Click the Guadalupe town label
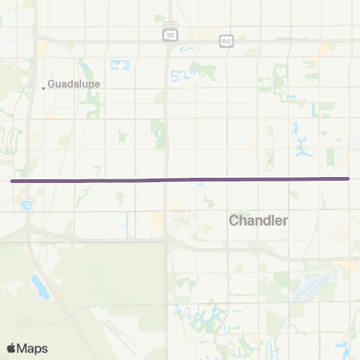(73, 84)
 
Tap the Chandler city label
(257, 220)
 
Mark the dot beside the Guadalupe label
(43, 88)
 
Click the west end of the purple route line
(12, 181)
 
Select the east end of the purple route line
(348, 178)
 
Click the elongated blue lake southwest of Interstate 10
(37, 284)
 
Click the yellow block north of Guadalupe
(41, 46)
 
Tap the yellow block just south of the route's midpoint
(157, 219)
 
